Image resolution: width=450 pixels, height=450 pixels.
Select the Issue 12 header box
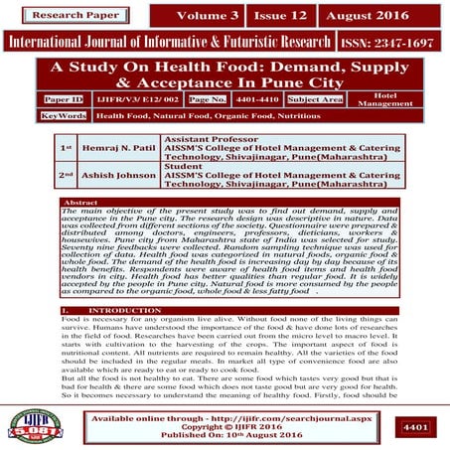pyautogui.click(x=278, y=17)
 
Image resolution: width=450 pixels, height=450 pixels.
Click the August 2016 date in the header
pyautogui.click(x=370, y=17)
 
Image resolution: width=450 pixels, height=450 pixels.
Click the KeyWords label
pyautogui.click(x=65, y=116)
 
